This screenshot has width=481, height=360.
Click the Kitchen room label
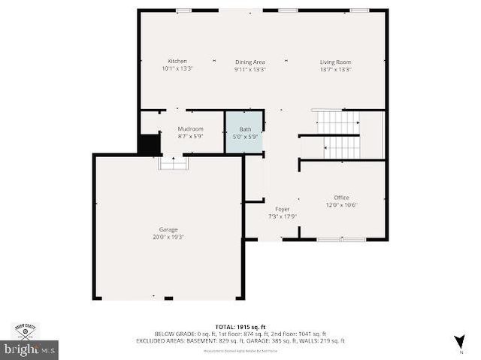pos(177,61)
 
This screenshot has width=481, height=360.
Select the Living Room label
pos(335,62)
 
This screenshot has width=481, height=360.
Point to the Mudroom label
pos(190,129)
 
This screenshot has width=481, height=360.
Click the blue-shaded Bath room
pos(245,133)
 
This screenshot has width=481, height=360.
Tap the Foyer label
pos(283,209)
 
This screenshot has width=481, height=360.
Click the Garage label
pos(168,229)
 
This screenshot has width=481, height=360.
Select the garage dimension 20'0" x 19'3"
pos(168,237)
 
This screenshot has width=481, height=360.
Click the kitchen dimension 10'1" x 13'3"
pos(177,68)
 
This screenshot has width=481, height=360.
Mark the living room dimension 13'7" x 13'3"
pos(335,69)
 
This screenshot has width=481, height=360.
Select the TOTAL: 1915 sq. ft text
pos(240,327)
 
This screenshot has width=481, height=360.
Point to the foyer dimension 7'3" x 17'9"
pos(283,216)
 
